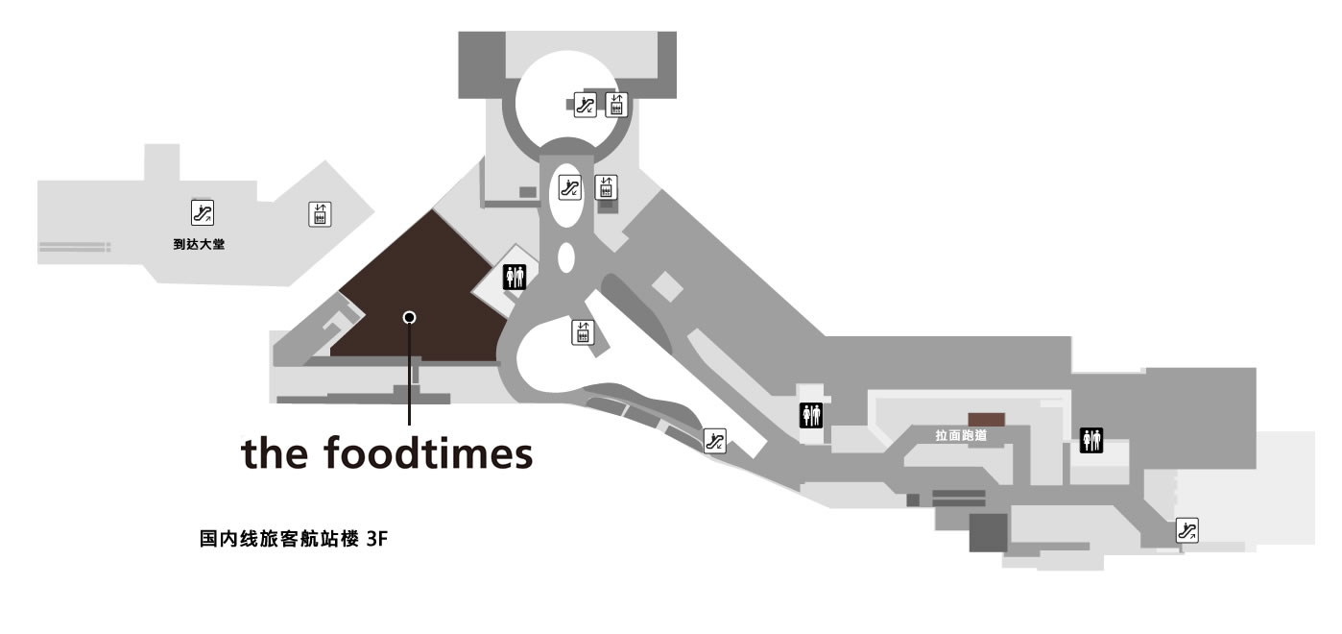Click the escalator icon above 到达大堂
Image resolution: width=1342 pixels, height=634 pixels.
pos(203,212)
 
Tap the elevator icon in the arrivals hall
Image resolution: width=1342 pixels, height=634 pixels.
pos(320,214)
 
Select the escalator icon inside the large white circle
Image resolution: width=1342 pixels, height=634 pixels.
pos(585,105)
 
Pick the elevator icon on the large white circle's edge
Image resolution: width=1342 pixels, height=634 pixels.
pos(616,105)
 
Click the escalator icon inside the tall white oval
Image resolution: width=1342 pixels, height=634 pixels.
pos(570,187)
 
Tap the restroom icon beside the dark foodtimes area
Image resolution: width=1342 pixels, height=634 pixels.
pos(515,277)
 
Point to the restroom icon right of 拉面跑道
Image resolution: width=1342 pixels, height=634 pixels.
pos(1090,440)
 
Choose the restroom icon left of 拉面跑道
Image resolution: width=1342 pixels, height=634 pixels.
pos(811,415)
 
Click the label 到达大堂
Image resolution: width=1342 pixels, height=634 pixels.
pos(199,244)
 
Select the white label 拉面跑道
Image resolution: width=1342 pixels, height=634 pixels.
pos(961,435)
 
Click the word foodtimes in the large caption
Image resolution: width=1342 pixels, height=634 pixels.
pos(428,453)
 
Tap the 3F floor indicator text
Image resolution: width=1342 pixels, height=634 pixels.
pos(377,539)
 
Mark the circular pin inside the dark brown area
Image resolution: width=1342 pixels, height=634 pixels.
pos(409,317)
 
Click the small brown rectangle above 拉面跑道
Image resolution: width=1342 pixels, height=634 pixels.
pos(987,420)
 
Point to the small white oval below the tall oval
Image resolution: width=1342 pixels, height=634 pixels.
pos(566,258)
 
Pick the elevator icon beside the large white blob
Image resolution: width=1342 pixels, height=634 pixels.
pos(583,332)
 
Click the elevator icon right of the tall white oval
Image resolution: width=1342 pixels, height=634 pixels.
pos(606,187)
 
